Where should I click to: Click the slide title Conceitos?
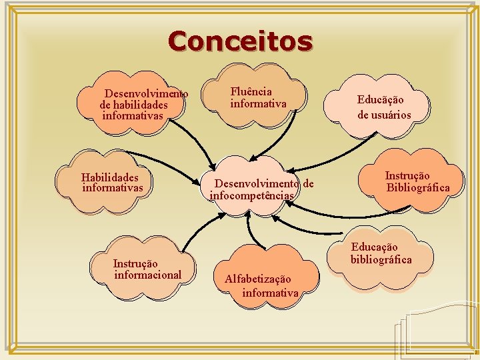tap(240, 41)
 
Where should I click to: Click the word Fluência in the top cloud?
tap(251, 92)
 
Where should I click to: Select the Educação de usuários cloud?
tap(384, 107)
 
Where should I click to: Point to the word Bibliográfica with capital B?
tap(418, 187)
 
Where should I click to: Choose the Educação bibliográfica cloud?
tap(381, 257)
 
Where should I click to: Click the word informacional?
tap(147, 275)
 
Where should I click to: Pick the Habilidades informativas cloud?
tap(112, 183)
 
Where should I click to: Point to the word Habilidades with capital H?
tap(110, 177)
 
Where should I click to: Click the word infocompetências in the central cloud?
tap(251, 195)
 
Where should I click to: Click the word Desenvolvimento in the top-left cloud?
tap(147, 94)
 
